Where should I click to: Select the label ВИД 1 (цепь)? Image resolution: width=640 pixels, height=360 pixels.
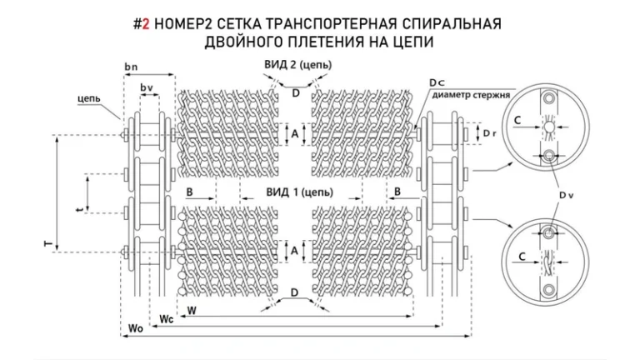pos(298,192)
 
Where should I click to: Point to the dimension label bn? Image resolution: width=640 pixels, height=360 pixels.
pos(131,65)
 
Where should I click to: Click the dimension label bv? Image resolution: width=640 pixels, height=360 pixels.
pos(147,87)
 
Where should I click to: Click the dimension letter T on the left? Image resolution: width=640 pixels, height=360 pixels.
pos(48,243)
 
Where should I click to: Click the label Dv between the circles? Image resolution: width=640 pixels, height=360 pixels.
pos(567,194)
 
